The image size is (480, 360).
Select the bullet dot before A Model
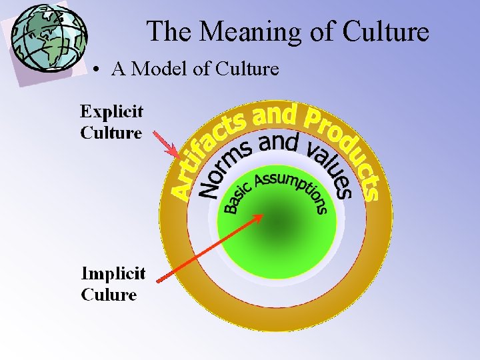(x=97, y=69)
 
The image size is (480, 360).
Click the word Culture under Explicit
(x=111, y=132)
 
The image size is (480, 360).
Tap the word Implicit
(x=113, y=274)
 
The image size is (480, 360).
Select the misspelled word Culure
(x=109, y=295)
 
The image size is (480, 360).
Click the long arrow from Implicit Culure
(x=211, y=247)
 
